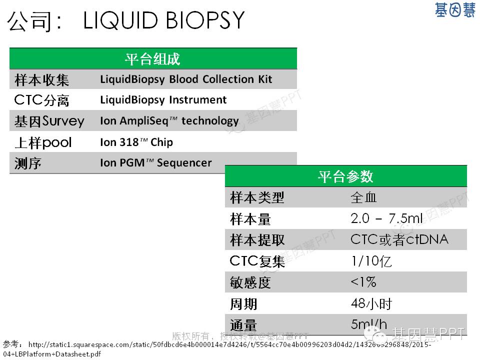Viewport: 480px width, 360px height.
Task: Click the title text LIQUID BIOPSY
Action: pyautogui.click(x=164, y=20)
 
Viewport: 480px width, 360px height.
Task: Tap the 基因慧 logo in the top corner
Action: pyautogui.click(x=455, y=10)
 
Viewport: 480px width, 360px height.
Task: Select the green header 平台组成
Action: pyautogui.click(x=152, y=59)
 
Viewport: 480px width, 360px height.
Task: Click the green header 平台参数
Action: pyautogui.click(x=345, y=176)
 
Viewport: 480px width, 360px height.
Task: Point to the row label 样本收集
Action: pyautogui.click(x=41, y=80)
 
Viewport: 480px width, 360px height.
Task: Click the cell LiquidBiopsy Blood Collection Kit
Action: pyautogui.click(x=186, y=79)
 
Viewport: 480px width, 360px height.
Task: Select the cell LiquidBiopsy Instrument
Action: pyautogui.click(x=163, y=100)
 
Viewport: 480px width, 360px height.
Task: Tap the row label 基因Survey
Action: pyautogui.click(x=49, y=121)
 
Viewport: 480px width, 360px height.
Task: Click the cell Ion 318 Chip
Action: pyautogui.click(x=136, y=142)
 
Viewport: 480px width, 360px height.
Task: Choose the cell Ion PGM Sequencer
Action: pyautogui.click(x=156, y=163)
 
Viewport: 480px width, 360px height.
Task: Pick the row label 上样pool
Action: pyautogui.click(x=43, y=142)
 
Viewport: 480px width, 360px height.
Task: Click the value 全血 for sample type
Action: pyautogui.click(x=363, y=197)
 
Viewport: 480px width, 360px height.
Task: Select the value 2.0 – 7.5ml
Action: pyautogui.click(x=387, y=218)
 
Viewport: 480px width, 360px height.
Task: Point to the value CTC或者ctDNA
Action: pyautogui.click(x=399, y=239)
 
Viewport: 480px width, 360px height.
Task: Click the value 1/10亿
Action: pyautogui.click(x=371, y=261)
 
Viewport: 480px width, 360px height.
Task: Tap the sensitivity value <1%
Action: pyautogui.click(x=363, y=282)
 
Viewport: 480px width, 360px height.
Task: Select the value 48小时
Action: pyautogui.click(x=371, y=303)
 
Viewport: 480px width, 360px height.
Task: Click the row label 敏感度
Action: pyautogui.click(x=250, y=282)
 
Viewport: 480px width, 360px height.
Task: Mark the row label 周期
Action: pyautogui.click(x=243, y=304)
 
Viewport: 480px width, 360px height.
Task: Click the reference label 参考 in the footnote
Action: pyautogui.click(x=10, y=344)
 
